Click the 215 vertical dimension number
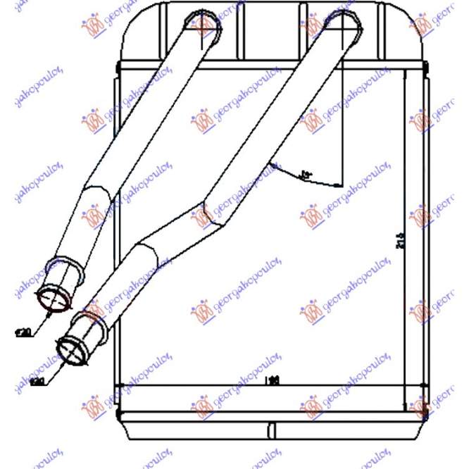(x=400, y=239)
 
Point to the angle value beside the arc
(x=306, y=173)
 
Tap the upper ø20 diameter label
(x=23, y=332)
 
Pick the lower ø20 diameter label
(x=37, y=382)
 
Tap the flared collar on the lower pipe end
(x=85, y=325)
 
